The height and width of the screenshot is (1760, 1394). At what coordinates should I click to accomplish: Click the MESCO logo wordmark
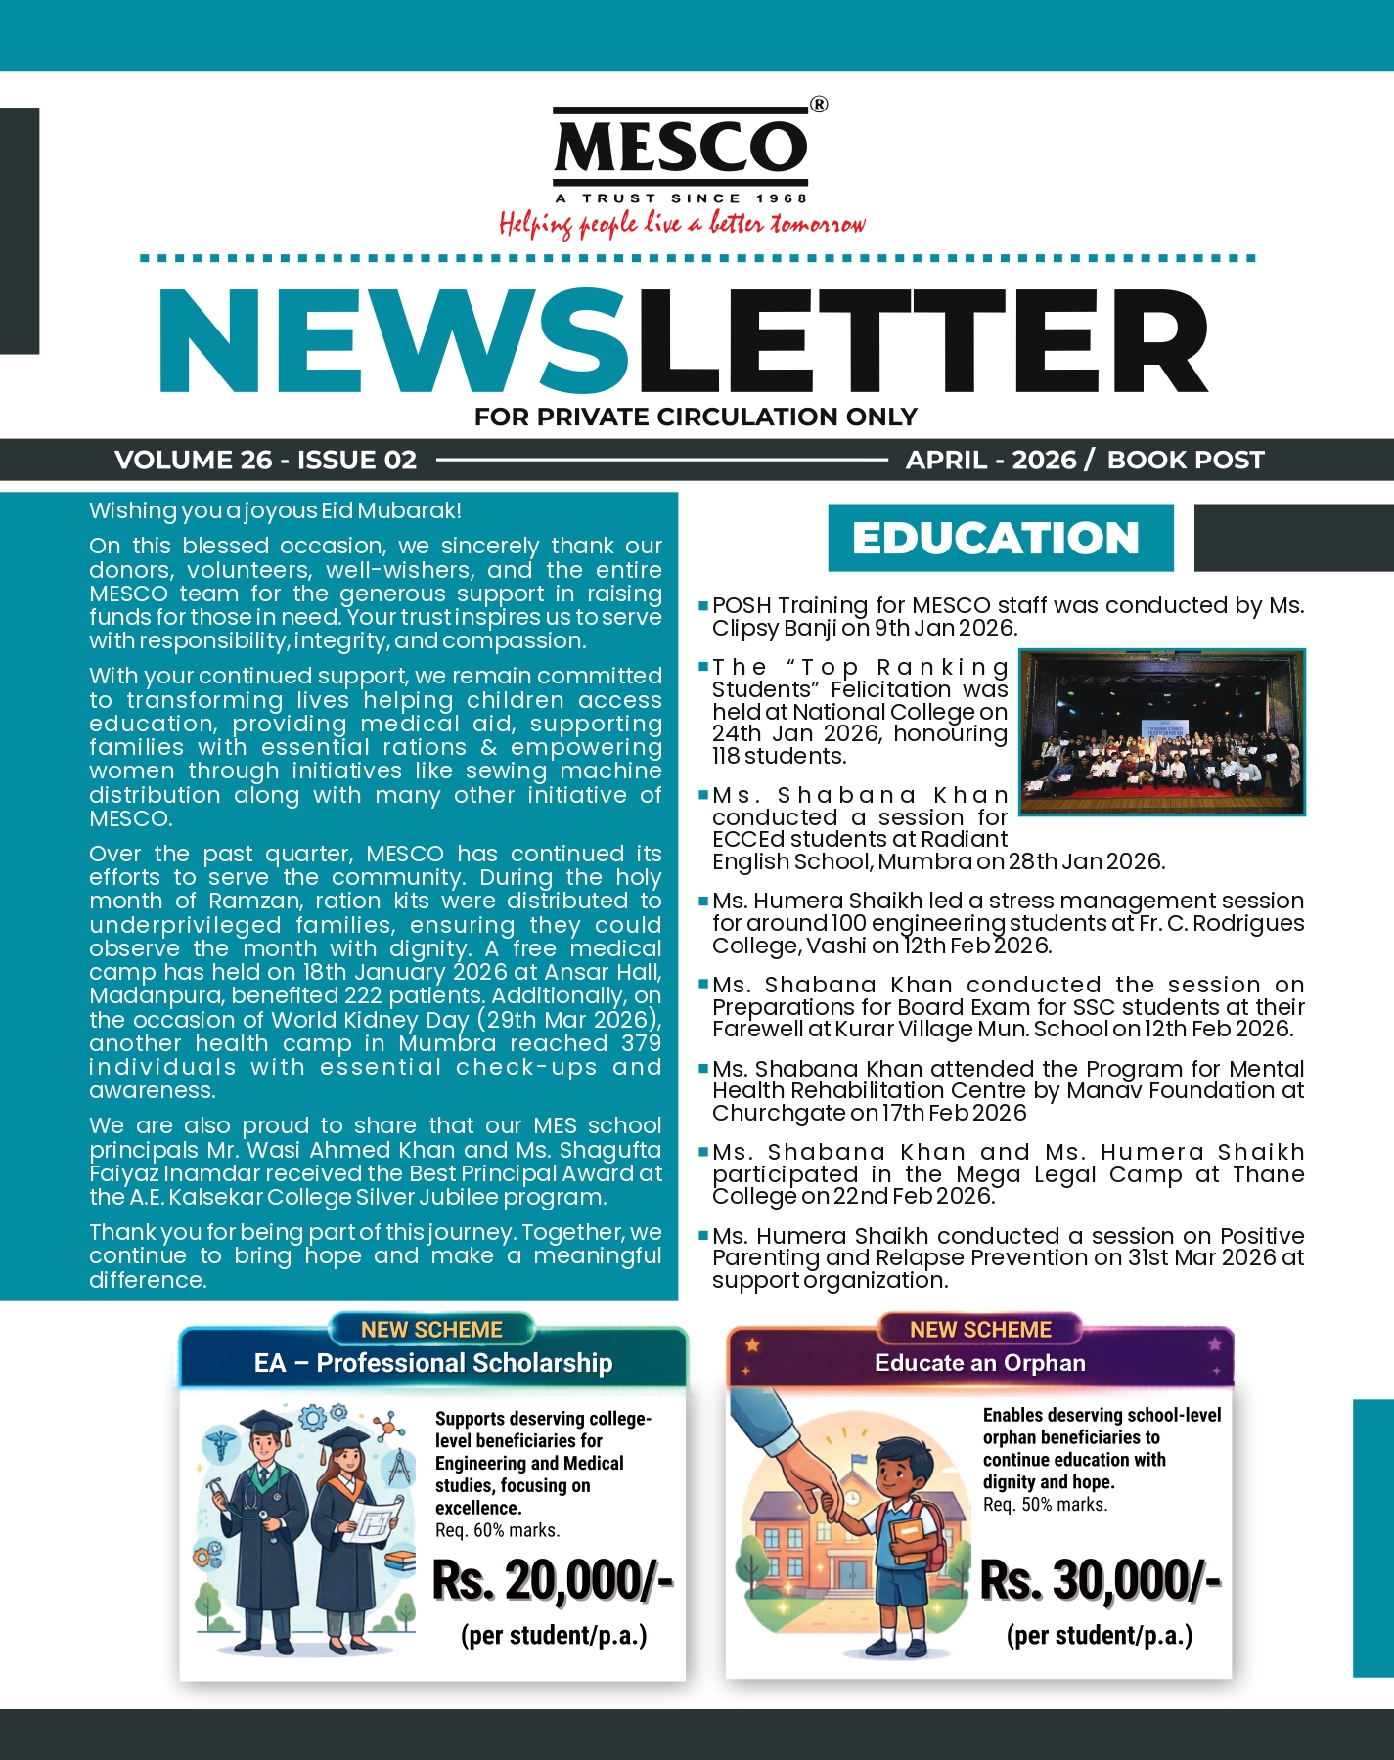coord(681,148)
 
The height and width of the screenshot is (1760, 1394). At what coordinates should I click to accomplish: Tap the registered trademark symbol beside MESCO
coord(819,105)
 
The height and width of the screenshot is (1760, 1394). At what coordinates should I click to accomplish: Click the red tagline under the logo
coord(682,224)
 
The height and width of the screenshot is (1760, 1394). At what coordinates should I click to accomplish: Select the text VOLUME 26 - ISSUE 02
coord(265,460)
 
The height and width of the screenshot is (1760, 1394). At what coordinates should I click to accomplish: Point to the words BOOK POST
coord(1185,460)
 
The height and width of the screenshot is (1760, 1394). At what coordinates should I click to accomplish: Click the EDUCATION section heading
coord(996,538)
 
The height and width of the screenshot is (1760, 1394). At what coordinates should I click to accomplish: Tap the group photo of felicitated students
coord(1162,731)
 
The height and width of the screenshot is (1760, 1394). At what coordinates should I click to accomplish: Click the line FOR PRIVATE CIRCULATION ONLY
coord(696,418)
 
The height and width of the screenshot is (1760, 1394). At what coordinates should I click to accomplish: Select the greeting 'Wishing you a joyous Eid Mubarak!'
coord(275,510)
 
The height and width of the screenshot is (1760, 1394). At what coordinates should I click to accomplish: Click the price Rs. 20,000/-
coord(553,1580)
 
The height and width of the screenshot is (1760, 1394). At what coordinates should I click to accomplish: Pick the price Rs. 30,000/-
coord(1101,1580)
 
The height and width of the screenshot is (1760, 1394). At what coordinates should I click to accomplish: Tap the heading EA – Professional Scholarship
coord(432,1363)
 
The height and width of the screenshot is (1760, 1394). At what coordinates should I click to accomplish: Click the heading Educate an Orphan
coord(980,1363)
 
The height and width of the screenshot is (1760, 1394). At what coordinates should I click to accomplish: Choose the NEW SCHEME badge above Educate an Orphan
coord(980,1330)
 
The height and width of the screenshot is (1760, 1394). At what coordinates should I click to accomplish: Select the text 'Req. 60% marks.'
coord(497,1530)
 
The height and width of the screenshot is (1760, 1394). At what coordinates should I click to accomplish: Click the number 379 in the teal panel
coord(641,1043)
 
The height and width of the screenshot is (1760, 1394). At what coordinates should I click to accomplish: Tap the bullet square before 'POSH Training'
coord(703,607)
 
